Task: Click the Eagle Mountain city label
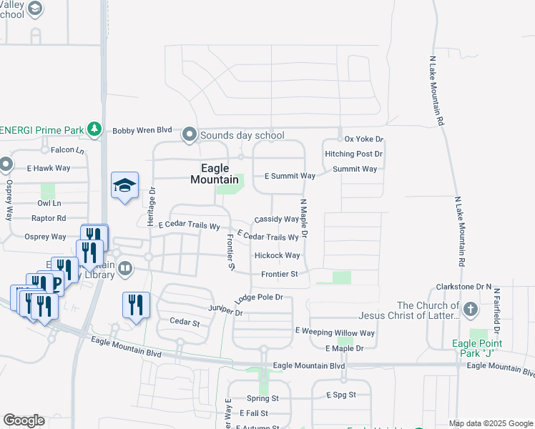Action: click(x=215, y=174)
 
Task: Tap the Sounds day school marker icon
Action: click(x=190, y=134)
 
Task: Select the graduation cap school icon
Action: click(x=124, y=186)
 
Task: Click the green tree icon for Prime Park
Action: click(x=94, y=129)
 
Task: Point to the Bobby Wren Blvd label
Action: click(x=142, y=130)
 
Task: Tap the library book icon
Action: click(x=126, y=269)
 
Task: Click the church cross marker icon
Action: click(x=470, y=310)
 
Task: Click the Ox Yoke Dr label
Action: click(x=364, y=139)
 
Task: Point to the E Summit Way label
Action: click(x=290, y=176)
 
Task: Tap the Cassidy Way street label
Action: click(x=276, y=219)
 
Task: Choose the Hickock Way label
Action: click(x=277, y=255)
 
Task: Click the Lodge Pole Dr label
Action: click(x=259, y=297)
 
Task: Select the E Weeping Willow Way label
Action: click(x=335, y=333)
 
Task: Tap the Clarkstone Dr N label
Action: click(x=464, y=287)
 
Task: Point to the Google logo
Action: click(x=24, y=420)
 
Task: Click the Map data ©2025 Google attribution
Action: click(x=490, y=423)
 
